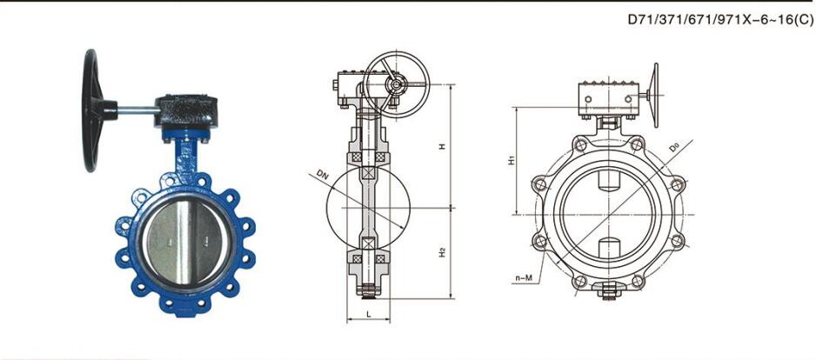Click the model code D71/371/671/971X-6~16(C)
tap(720, 20)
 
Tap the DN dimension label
tap(323, 176)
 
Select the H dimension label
tap(442, 146)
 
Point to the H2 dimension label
tap(442, 252)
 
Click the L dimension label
tap(368, 314)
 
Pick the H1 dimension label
tap(512, 161)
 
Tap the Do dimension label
tap(673, 147)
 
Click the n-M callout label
tap(524, 278)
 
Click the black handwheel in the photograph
tap(92, 110)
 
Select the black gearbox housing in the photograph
tap(186, 110)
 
